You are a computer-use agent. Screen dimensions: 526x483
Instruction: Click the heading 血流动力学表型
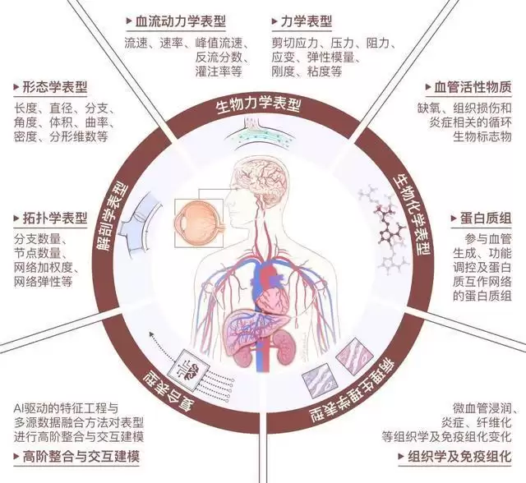(x=180, y=22)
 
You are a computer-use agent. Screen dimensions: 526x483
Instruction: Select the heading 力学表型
(x=306, y=22)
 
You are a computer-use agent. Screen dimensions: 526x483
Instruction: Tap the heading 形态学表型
(x=55, y=88)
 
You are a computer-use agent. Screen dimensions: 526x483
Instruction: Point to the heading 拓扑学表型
(x=55, y=218)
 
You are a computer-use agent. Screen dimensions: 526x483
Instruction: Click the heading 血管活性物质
(x=473, y=88)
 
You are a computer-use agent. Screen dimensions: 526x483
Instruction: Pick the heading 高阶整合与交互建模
(x=81, y=457)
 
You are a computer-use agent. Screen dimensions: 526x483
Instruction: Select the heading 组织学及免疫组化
(x=459, y=457)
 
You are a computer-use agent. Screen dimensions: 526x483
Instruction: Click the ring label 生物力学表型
(x=259, y=105)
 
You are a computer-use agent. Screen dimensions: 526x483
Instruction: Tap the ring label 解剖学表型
(x=115, y=217)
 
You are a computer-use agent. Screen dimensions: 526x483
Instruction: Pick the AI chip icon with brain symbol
(x=192, y=370)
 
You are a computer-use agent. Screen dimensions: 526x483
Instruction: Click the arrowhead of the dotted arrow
(x=151, y=333)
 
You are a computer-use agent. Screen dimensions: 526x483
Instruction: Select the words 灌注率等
(x=219, y=71)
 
